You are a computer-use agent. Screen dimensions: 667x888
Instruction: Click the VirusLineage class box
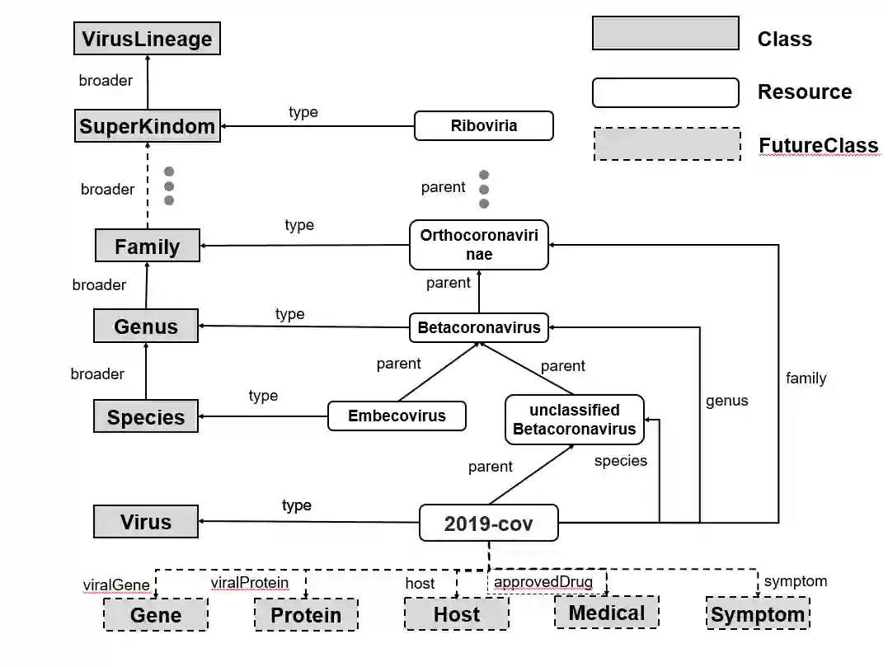pos(148,39)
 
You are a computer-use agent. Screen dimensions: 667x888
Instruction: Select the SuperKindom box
pos(148,126)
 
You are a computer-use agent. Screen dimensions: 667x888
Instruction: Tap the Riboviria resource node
pos(483,126)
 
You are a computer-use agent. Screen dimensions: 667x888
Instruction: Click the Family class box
pos(147,246)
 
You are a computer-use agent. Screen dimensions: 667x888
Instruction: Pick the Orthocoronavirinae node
pos(478,245)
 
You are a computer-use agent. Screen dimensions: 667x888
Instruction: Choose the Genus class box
pos(146,326)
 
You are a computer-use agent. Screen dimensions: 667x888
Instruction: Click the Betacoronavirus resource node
pos(478,327)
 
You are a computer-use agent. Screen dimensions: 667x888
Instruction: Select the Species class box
pos(145,416)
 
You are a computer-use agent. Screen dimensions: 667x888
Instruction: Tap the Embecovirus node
pos(397,416)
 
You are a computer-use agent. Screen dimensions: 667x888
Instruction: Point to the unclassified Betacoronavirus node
pos(574,420)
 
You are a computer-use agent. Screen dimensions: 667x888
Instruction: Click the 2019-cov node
pos(488,523)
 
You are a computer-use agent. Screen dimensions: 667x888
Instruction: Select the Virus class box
pos(146,521)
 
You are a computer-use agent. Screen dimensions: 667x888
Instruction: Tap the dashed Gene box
pos(155,615)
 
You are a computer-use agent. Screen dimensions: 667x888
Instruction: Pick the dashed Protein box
pos(306,615)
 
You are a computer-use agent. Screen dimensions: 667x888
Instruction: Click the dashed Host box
pos(456,614)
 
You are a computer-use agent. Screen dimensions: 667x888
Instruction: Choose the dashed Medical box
pos(606,613)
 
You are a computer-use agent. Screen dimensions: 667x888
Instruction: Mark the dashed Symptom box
pos(758,614)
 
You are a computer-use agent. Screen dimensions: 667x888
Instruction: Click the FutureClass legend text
pos(818,146)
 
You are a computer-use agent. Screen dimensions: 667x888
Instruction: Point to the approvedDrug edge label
pos(543,582)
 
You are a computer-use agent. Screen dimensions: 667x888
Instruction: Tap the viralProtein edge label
pos(249,583)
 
